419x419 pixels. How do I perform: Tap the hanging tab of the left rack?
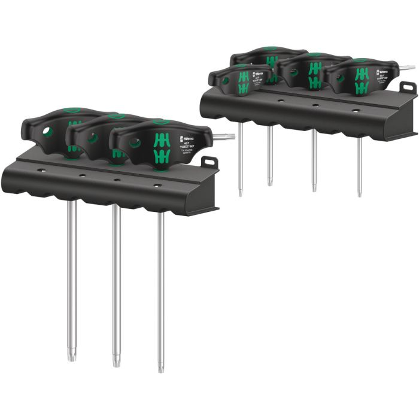point(209,162)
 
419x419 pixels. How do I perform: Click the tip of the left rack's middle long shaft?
point(116,363)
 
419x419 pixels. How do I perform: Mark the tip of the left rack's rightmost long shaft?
point(160,369)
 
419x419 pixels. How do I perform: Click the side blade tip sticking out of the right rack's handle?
point(411,67)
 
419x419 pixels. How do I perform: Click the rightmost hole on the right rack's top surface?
point(355,110)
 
